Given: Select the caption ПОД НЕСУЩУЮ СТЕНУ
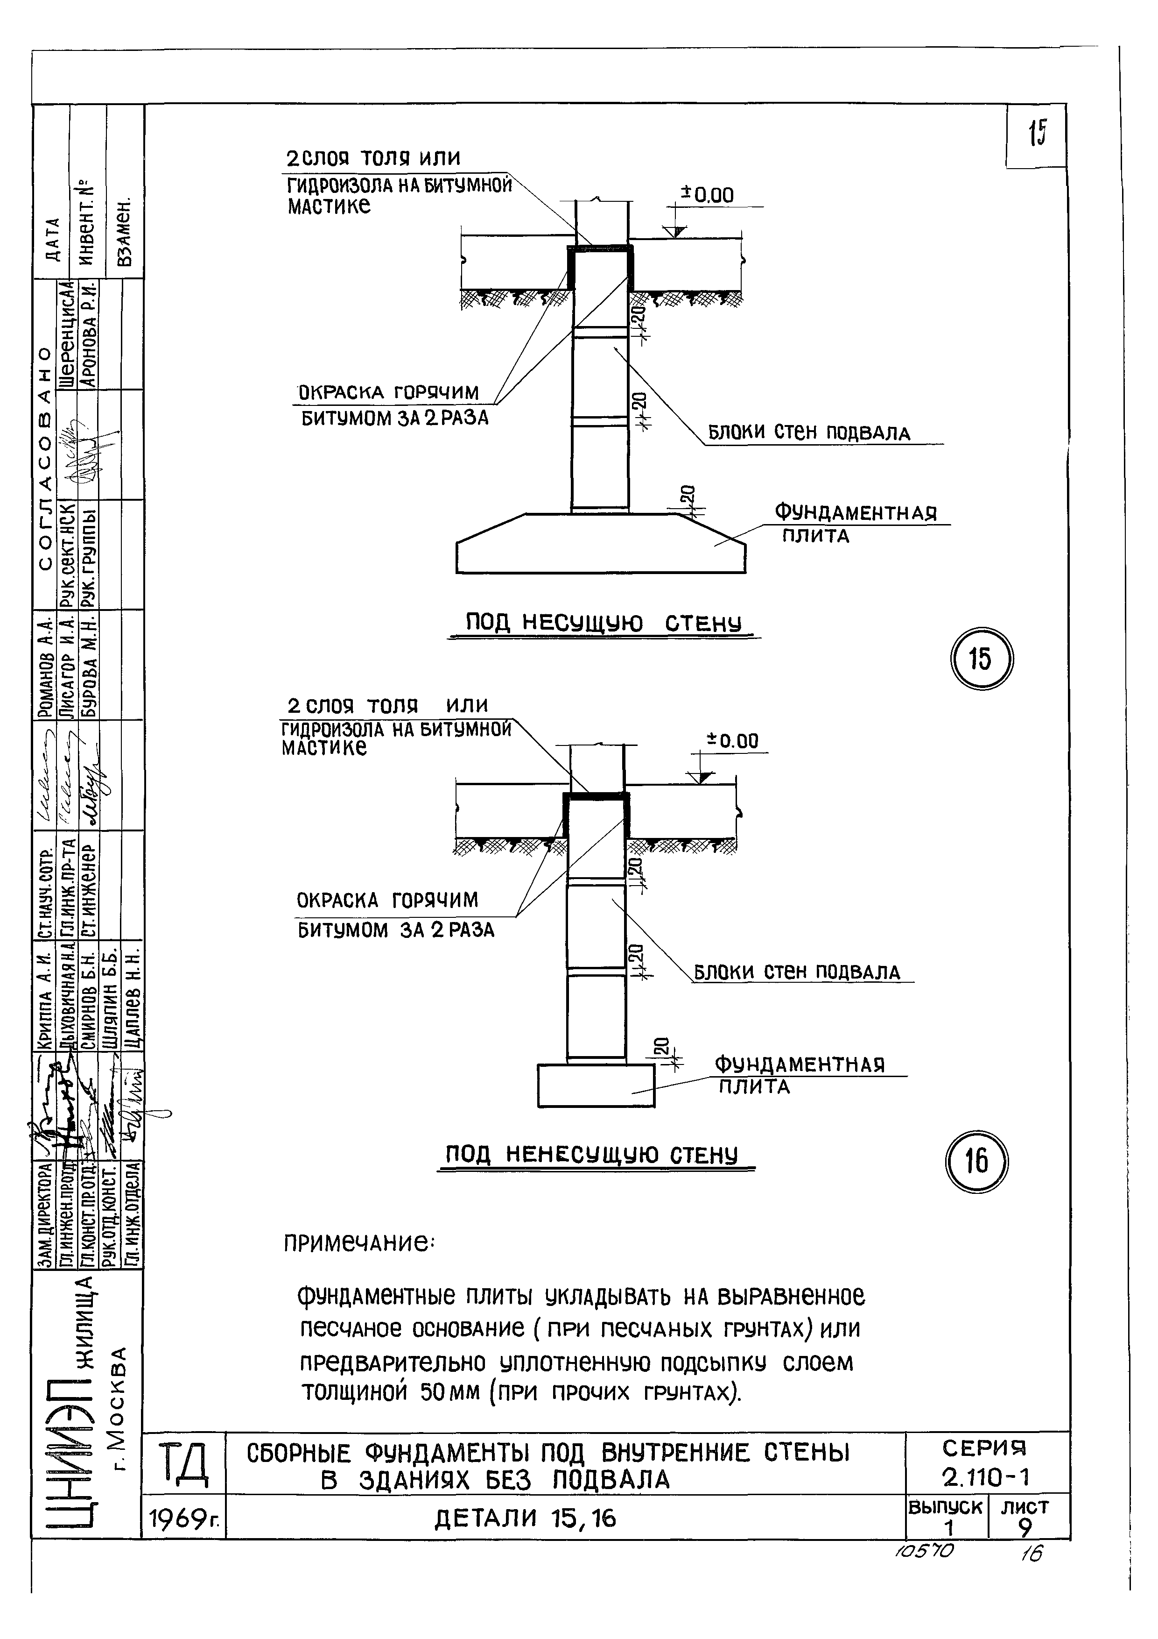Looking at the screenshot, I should click(604, 623).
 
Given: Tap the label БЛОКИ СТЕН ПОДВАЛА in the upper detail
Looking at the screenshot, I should click(808, 433).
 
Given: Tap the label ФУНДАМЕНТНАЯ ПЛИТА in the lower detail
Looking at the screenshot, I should click(799, 1076).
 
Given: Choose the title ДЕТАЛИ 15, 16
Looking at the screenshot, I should click(525, 1518).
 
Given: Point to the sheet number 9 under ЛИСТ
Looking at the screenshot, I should click(1025, 1528).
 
